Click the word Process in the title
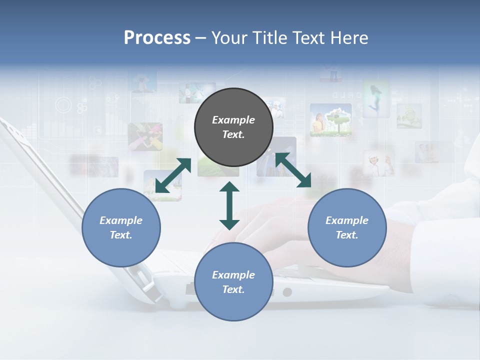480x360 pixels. (157, 38)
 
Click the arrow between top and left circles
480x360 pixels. (173, 175)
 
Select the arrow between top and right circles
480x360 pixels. (293, 170)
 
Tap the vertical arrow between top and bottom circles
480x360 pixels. (229, 205)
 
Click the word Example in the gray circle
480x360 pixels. (233, 120)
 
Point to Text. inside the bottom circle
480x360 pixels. (233, 289)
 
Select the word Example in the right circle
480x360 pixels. (347, 220)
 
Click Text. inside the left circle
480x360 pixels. (121, 235)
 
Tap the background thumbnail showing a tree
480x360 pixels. (330, 120)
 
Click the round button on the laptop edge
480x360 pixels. (287, 292)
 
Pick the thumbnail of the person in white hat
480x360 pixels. (378, 163)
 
